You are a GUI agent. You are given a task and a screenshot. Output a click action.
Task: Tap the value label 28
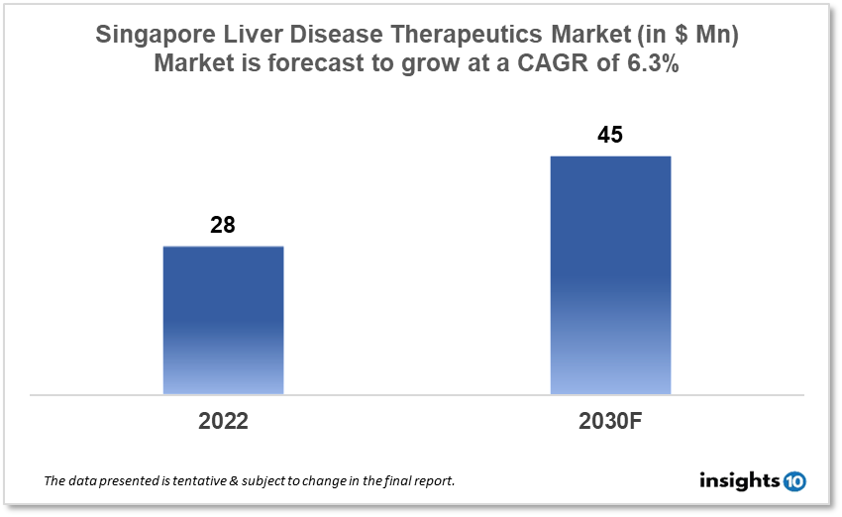[223, 225]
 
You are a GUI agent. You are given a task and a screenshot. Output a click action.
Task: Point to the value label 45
[610, 135]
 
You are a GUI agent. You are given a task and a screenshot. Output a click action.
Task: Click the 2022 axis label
[223, 420]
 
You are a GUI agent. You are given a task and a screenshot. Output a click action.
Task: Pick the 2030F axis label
[610, 420]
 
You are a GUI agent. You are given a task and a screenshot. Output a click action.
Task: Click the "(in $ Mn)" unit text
[693, 35]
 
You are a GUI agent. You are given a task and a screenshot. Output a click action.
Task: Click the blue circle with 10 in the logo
[794, 481]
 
